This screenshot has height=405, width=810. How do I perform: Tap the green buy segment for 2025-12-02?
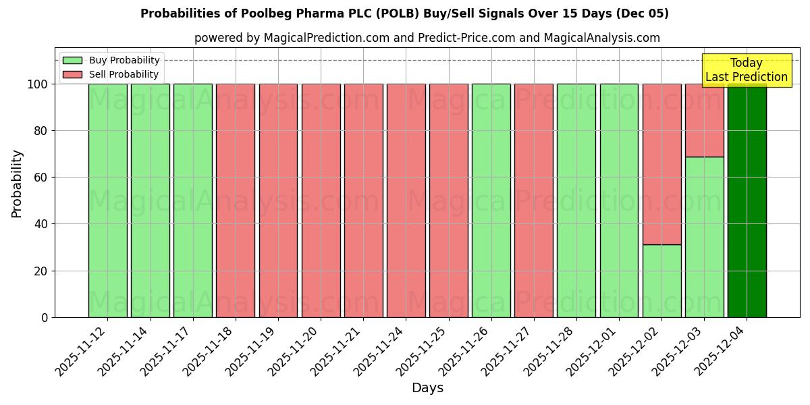[661, 281]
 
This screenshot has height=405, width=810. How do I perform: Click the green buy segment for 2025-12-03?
[704, 237]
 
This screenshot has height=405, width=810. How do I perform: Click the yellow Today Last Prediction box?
[747, 70]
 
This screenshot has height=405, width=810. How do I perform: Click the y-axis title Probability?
[17, 184]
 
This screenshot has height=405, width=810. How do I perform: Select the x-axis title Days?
[427, 388]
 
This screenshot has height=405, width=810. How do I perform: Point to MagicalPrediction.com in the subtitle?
[327, 38]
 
